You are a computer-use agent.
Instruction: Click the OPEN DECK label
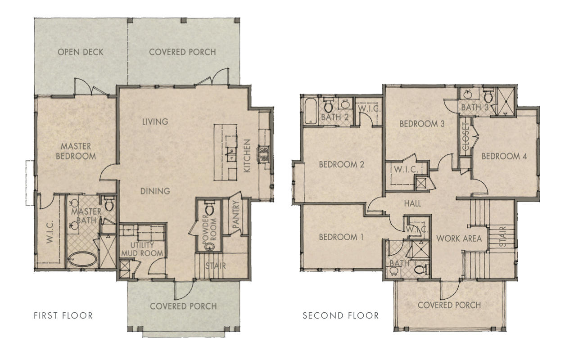[81, 52]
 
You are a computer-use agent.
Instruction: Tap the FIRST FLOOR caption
[63, 315]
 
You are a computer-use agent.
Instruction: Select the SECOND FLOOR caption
[340, 315]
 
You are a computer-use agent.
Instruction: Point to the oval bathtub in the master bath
[82, 261]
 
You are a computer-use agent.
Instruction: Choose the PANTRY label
[235, 216]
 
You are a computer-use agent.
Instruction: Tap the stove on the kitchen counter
[262, 154]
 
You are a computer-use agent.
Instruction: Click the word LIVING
[155, 121]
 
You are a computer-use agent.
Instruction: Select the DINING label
[155, 191]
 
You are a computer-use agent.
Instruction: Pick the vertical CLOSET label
[466, 137]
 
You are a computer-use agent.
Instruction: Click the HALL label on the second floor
[412, 204]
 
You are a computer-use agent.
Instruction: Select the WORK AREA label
[459, 238]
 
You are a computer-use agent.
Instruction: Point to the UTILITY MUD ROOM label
[138, 249]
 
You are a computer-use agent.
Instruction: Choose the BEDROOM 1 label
[341, 237]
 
